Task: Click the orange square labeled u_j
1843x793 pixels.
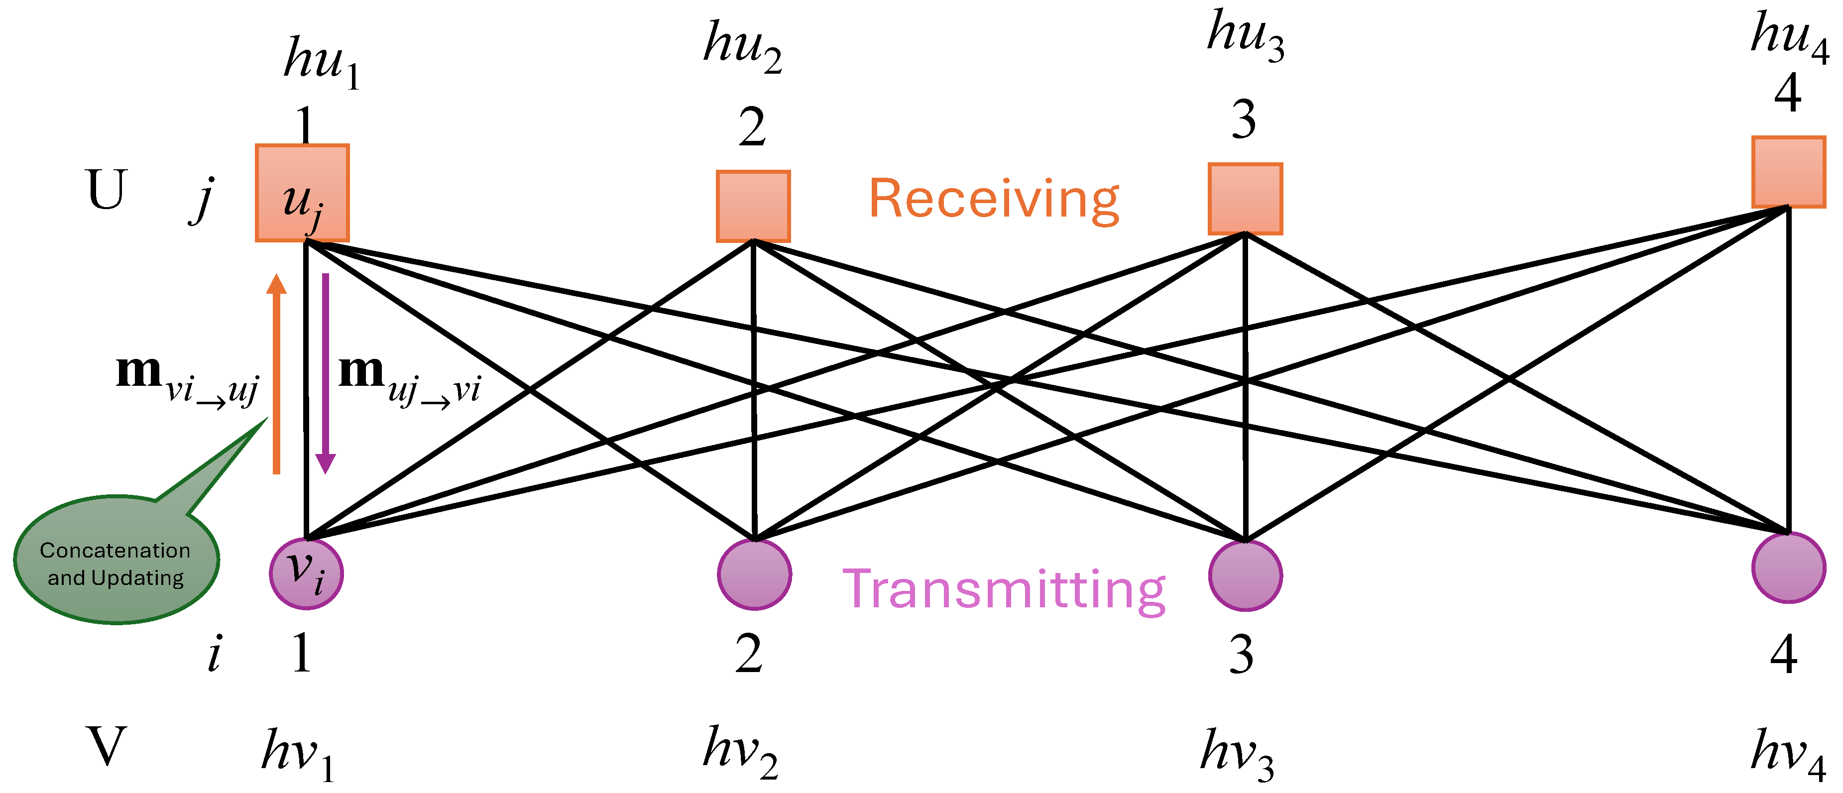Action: (302, 193)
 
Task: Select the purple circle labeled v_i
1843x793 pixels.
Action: (306, 573)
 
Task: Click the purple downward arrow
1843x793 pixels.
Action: (326, 373)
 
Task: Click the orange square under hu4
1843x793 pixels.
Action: (1788, 172)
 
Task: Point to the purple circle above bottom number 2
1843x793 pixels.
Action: (754, 574)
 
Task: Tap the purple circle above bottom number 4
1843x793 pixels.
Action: (1788, 567)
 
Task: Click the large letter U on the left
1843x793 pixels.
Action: (106, 190)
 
